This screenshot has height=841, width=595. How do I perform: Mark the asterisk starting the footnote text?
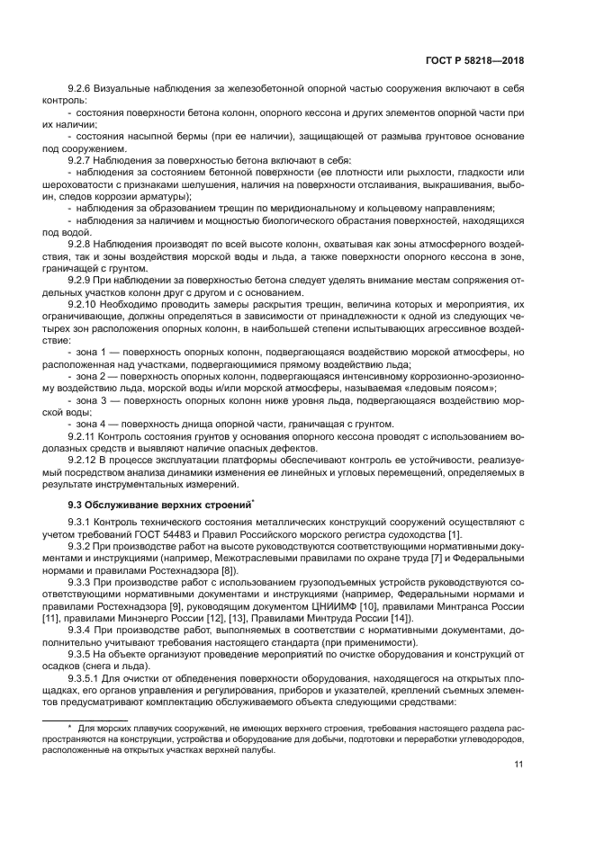coord(69,726)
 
